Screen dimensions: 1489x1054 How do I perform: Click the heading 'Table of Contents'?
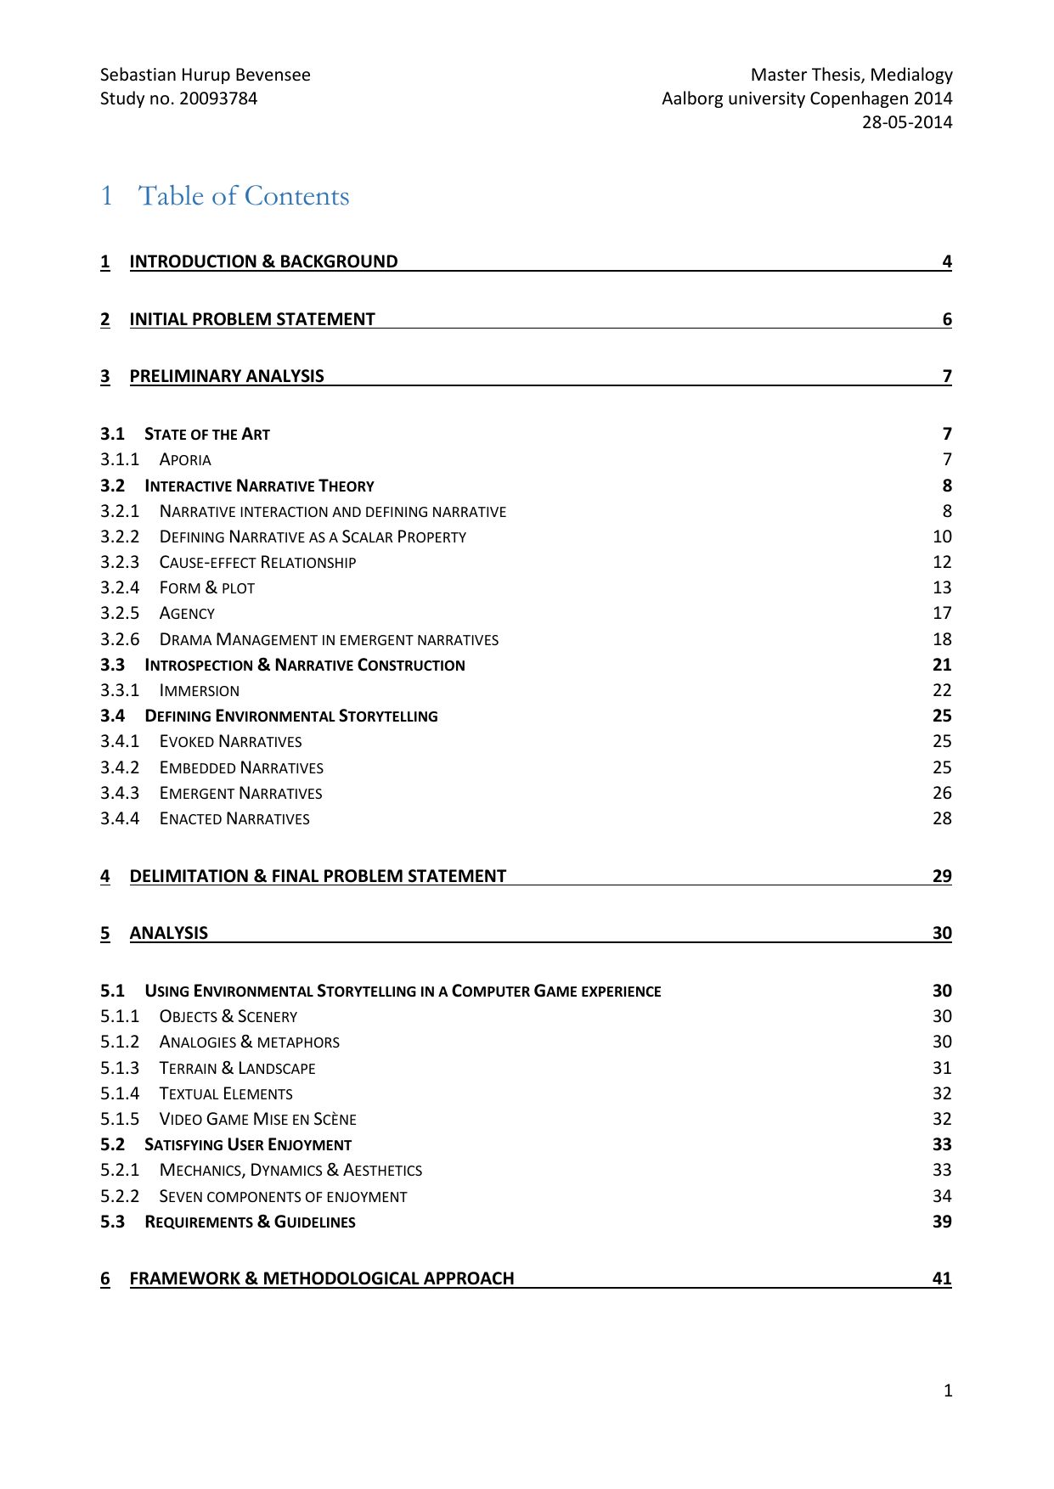[x=244, y=196]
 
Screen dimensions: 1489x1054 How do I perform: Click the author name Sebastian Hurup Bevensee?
[x=206, y=75]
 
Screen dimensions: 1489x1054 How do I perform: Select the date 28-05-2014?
[x=907, y=122]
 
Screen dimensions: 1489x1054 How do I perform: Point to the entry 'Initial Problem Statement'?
[x=252, y=319]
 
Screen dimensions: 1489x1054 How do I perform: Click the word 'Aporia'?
[x=185, y=460]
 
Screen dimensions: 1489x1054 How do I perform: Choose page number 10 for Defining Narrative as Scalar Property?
[x=942, y=537]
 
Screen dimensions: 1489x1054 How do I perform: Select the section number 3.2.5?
[x=119, y=613]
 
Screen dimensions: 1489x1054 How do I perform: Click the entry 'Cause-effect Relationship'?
[x=257, y=563]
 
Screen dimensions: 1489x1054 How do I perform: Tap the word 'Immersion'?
[x=200, y=691]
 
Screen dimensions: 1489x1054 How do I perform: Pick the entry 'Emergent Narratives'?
[x=241, y=794]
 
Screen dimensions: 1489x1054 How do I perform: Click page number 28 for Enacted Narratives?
[x=942, y=819]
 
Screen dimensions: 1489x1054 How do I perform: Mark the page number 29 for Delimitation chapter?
[x=942, y=876]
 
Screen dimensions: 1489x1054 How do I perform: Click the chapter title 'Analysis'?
[x=169, y=933]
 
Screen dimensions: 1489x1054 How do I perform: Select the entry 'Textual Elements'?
[x=226, y=1094]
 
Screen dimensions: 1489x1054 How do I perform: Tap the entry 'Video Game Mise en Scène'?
[x=258, y=1120]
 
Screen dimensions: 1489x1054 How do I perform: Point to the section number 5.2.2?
[x=119, y=1196]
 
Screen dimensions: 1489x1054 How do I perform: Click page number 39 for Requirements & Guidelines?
[x=942, y=1222]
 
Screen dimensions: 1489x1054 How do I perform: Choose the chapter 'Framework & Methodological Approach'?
[x=322, y=1278]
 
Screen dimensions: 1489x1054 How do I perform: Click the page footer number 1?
[x=948, y=1391]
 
